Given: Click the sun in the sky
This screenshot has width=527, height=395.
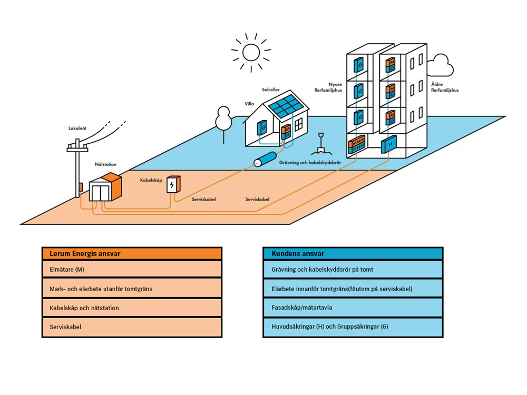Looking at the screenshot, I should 251,52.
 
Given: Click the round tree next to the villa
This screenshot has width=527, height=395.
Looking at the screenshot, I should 224,119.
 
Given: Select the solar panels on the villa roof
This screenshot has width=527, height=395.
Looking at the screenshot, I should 288,105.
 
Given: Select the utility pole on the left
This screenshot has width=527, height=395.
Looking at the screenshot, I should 77,169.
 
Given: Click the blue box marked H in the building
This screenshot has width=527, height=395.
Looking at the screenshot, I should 390,144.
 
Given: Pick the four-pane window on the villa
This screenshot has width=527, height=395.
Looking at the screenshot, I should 299,125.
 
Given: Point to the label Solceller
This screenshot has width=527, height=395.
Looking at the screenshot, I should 271,90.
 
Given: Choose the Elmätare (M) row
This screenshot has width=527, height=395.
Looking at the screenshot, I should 132,270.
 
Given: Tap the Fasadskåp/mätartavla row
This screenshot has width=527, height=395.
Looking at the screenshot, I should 353,308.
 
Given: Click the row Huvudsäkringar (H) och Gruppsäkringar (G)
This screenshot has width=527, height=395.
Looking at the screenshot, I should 353,327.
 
